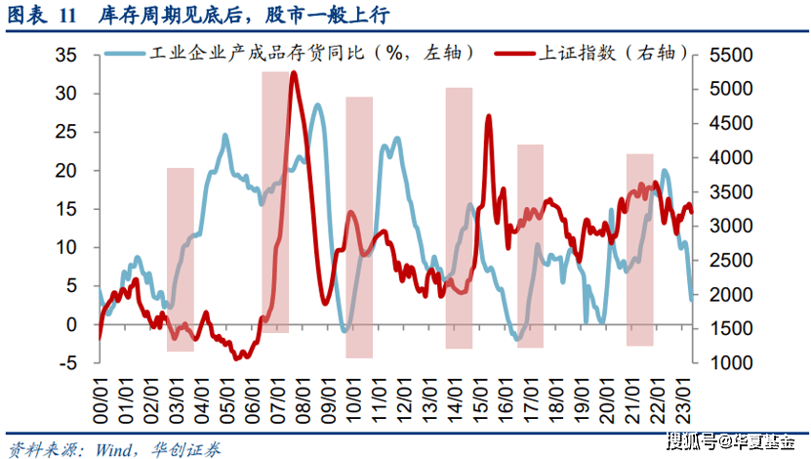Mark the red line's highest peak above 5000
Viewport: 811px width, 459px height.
coord(294,74)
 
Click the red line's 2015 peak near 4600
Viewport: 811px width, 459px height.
coord(488,117)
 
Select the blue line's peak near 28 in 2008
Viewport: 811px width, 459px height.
coord(315,105)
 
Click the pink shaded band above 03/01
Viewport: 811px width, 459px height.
coord(181,259)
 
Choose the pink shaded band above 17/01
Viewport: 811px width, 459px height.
coord(530,245)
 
